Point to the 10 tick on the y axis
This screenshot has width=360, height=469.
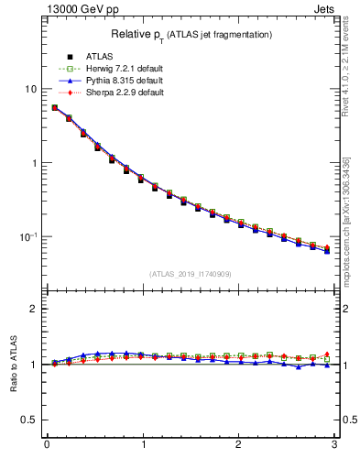click(x=30, y=89)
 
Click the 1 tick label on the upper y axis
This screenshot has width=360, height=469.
click(x=34, y=163)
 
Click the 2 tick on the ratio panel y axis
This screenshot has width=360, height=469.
click(x=34, y=309)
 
